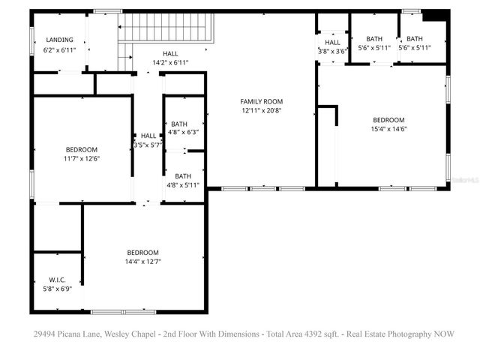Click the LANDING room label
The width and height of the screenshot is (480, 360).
coord(59,40)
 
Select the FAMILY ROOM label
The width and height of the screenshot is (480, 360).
coord(262,101)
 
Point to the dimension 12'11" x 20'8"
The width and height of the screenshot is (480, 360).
coord(262,111)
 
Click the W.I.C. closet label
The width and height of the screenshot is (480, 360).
coord(57,279)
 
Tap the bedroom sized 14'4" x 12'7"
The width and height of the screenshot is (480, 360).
coord(142,257)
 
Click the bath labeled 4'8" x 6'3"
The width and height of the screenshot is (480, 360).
coord(183,128)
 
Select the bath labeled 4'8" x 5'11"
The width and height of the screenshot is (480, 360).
coord(183,181)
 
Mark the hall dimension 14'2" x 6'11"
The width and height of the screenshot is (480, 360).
coord(170,63)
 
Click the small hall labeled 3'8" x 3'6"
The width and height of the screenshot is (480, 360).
coord(333,46)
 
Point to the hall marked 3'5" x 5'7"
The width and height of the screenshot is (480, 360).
coord(148,140)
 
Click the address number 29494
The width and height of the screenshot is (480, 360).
coord(43,334)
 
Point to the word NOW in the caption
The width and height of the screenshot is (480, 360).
coord(443,334)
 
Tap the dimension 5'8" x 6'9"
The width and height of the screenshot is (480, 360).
coord(57,289)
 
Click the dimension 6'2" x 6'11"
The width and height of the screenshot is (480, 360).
coord(59,49)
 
